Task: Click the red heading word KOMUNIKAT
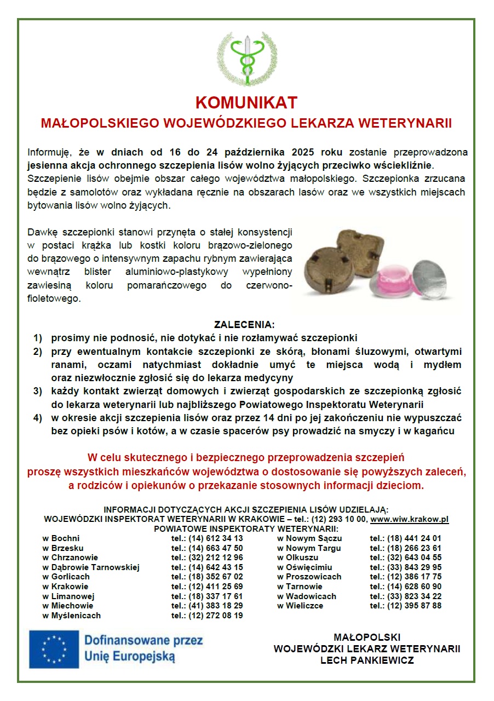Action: tap(246, 103)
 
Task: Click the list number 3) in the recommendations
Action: tap(38, 391)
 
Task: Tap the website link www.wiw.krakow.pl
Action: tap(410, 519)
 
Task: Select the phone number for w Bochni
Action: tap(207, 538)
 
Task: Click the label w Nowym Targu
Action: tap(309, 548)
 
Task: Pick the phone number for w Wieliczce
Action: tap(405, 606)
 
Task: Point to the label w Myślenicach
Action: tap(72, 616)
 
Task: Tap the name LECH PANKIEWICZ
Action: tap(367, 660)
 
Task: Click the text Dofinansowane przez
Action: tap(143, 640)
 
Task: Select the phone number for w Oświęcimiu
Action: tap(405, 567)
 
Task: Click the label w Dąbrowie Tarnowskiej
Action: tap(91, 567)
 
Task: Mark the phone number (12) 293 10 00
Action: tap(338, 519)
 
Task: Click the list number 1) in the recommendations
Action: tap(38, 337)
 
